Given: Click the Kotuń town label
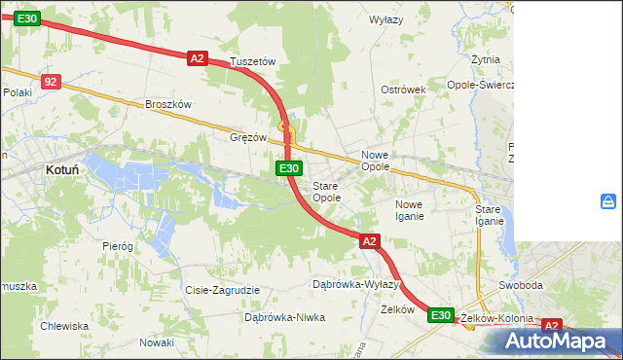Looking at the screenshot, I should click(x=63, y=168).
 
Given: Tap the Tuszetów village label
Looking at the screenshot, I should click(x=253, y=61).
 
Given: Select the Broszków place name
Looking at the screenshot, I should click(x=169, y=104).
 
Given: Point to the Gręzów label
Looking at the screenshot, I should click(x=247, y=137).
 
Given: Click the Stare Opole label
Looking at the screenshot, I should click(x=326, y=191).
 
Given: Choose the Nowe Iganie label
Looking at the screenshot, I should click(x=409, y=209).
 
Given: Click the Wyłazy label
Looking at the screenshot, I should click(x=386, y=19).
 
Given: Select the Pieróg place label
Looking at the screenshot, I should click(x=117, y=246).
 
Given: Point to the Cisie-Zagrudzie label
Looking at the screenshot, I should click(x=222, y=290).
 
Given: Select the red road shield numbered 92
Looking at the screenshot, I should click(x=52, y=82).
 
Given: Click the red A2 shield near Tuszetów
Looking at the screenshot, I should click(x=198, y=58).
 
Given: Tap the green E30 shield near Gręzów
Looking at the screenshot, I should click(x=288, y=168).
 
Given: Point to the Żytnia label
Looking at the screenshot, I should click(x=485, y=59).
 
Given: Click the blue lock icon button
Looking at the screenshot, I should click(x=608, y=201).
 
